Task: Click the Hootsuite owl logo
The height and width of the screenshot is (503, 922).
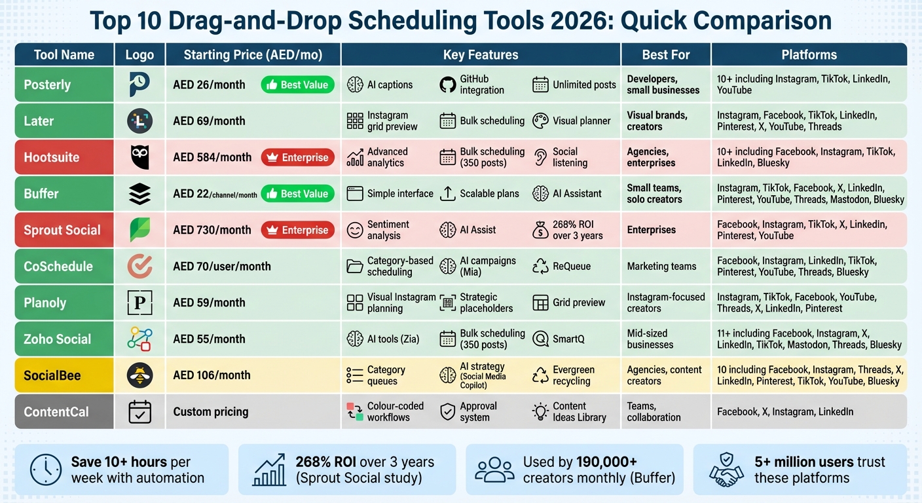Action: pyautogui.click(x=139, y=157)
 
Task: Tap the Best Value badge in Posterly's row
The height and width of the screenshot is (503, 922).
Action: pyautogui.click(x=298, y=84)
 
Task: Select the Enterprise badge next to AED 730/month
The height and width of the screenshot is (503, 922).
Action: pyautogui.click(x=298, y=230)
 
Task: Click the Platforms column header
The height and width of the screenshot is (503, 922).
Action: pyautogui.click(x=809, y=54)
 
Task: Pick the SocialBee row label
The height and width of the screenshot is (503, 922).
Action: pyautogui.click(x=52, y=375)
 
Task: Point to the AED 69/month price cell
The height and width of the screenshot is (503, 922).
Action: pyautogui.click(x=210, y=121)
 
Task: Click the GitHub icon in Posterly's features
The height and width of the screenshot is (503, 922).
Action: pyautogui.click(x=447, y=84)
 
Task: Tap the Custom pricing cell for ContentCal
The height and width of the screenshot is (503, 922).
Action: pyautogui.click(x=211, y=412)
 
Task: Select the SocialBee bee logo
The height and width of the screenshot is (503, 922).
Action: pyautogui.click(x=139, y=375)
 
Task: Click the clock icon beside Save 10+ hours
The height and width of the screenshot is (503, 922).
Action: pyautogui.click(x=46, y=470)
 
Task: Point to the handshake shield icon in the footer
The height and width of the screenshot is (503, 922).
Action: pyautogui.click(x=726, y=470)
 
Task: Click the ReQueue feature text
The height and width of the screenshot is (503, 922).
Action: pyautogui.click(x=572, y=267)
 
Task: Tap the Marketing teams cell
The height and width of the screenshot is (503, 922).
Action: pyautogui.click(x=661, y=267)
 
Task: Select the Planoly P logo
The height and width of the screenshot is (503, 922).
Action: pyautogui.click(x=139, y=303)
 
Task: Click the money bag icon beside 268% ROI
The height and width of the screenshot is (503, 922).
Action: pyautogui.click(x=541, y=230)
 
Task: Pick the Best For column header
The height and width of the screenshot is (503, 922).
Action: pyautogui.click(x=666, y=54)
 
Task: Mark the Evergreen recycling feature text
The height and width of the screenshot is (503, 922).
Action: pyautogui.click(x=574, y=375)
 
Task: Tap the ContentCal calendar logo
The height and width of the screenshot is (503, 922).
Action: pyautogui.click(x=139, y=412)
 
